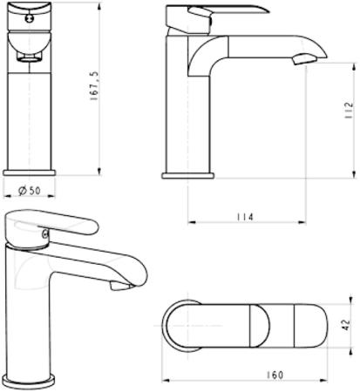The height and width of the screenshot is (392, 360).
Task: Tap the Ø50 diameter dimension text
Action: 30,191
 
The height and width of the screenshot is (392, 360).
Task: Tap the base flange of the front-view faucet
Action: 31,171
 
